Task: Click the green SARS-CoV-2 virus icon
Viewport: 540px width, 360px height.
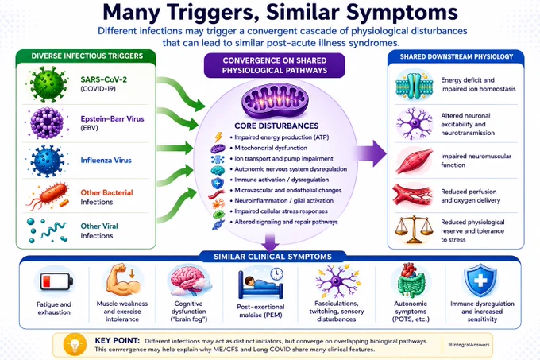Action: [48, 84]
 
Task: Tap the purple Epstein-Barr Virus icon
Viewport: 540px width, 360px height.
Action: [47, 123]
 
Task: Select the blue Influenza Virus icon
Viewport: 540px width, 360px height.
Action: [47, 161]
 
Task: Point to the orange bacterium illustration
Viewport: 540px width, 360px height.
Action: [48, 196]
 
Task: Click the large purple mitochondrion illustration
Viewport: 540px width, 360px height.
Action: [276, 102]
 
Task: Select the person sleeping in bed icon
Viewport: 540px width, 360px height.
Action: [260, 283]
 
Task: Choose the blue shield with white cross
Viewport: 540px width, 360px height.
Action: [480, 280]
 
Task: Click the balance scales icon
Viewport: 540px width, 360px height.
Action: [414, 229]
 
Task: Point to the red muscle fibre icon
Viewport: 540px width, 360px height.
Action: [414, 161]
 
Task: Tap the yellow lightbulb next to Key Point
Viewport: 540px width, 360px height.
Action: [75, 344]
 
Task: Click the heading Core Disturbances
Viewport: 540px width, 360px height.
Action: [276, 126]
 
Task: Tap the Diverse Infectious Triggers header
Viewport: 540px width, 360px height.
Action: [87, 56]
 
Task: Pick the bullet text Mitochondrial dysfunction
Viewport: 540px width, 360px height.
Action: [271, 148]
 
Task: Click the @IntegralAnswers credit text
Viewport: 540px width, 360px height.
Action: [469, 344]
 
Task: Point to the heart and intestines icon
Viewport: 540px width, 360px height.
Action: [411, 281]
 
